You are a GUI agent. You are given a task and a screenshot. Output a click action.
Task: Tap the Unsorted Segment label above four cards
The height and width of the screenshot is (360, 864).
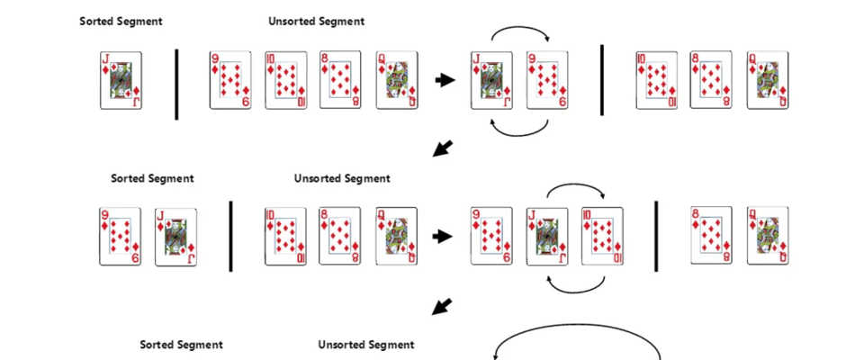click(x=316, y=21)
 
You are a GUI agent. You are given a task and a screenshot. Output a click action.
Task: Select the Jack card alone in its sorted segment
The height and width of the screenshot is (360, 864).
click(x=121, y=80)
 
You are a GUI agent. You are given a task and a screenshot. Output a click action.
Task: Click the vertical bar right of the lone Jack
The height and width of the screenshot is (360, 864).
click(x=176, y=83)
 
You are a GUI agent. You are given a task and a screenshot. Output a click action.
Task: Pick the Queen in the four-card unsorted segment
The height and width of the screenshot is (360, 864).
click(x=396, y=80)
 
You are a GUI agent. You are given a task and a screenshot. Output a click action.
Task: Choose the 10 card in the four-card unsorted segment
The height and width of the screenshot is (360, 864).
click(x=285, y=80)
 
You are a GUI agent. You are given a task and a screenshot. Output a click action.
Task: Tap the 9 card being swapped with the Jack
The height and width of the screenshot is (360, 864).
click(x=547, y=80)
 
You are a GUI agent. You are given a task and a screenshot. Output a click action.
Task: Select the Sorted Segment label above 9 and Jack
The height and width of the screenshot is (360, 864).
click(x=152, y=178)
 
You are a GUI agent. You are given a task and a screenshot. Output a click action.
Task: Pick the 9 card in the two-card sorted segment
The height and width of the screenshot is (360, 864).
click(x=121, y=237)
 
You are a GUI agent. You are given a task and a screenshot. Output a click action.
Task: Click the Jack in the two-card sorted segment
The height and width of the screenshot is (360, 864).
click(x=175, y=237)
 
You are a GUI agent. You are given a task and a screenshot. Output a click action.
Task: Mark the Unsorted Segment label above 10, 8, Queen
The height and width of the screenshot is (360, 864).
click(x=342, y=178)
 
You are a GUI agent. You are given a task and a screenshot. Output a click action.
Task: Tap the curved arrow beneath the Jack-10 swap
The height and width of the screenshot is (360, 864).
click(x=576, y=287)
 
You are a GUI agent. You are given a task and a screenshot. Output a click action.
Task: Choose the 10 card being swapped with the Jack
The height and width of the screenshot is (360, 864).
click(x=602, y=237)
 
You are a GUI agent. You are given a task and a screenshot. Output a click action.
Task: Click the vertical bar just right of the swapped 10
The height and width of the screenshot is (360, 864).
click(x=656, y=237)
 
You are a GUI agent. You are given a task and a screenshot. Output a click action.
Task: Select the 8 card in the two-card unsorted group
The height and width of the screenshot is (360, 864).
click(x=711, y=237)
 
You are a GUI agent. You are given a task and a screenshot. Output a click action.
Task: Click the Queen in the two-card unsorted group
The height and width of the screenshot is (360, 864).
click(x=767, y=237)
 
